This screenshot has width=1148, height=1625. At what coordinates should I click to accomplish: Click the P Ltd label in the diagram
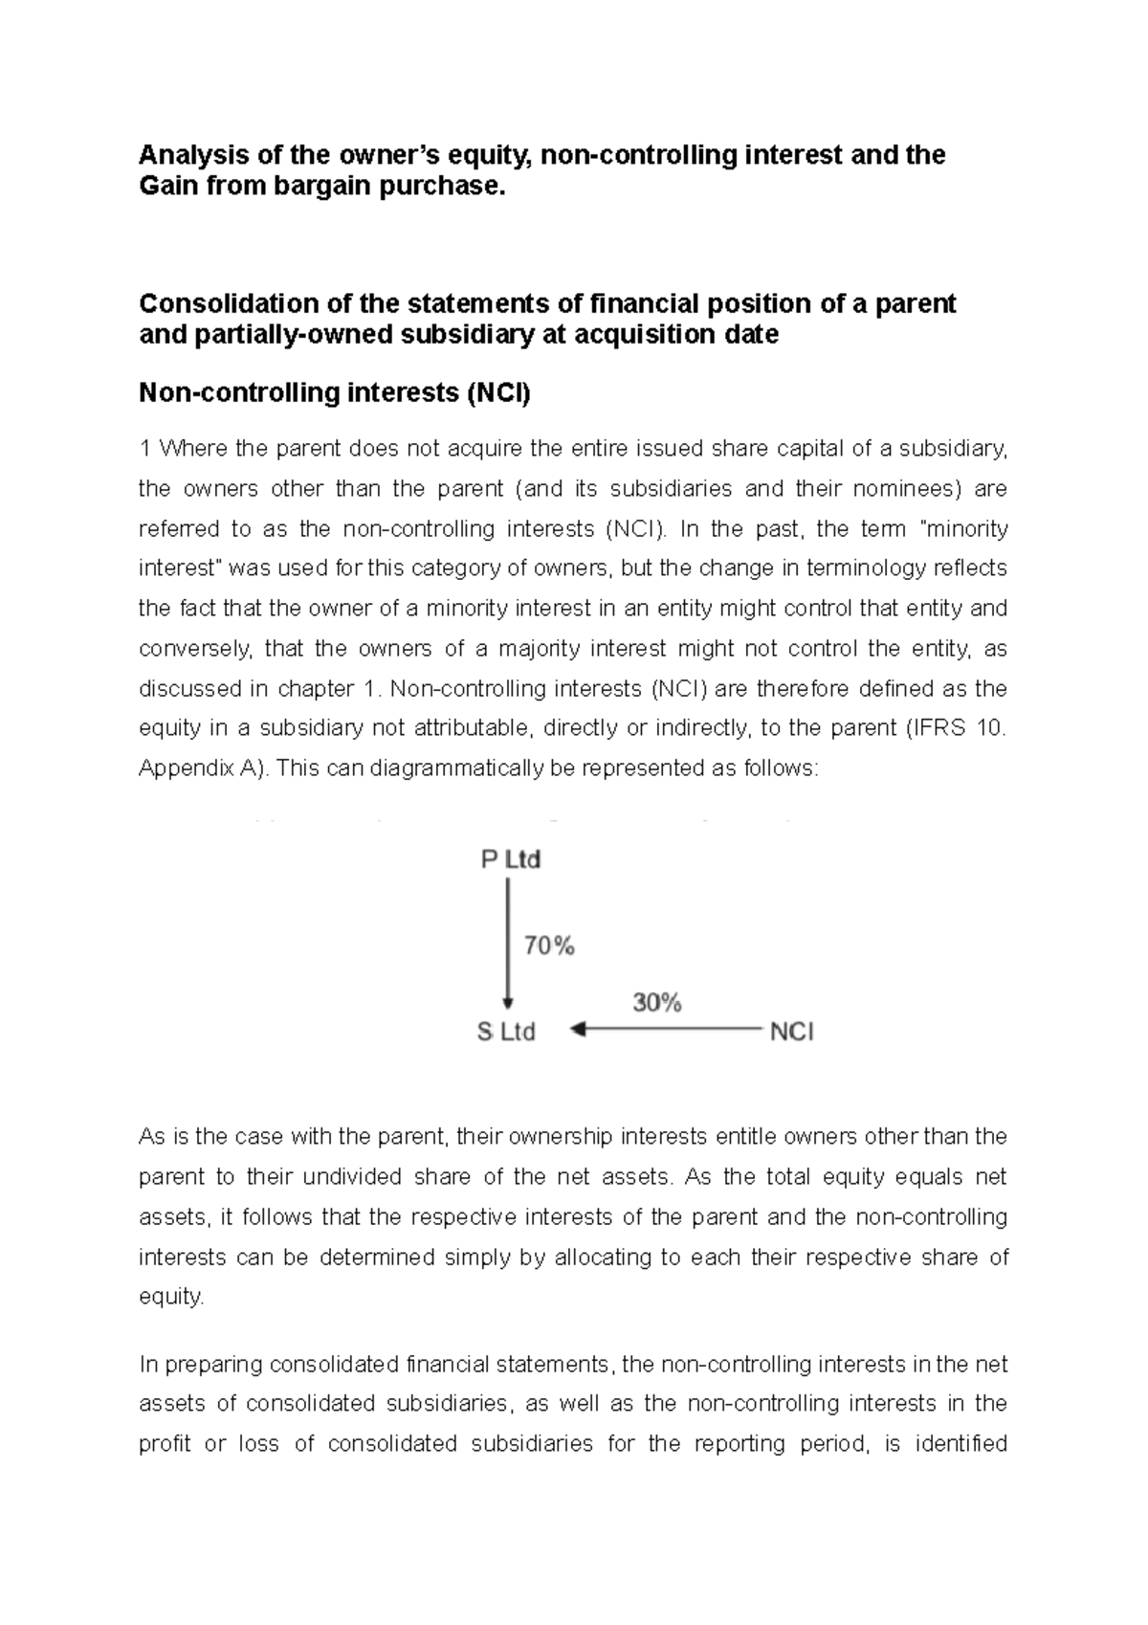click(x=510, y=859)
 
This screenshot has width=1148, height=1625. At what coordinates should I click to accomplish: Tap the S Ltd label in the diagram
click(x=506, y=1032)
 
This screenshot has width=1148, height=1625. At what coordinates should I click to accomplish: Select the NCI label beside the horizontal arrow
click(x=791, y=1032)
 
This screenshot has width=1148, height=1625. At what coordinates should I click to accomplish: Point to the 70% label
click(x=549, y=946)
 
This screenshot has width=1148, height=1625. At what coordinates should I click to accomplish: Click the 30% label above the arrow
click(x=656, y=1003)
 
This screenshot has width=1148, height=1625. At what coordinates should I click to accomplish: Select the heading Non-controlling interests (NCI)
click(x=334, y=392)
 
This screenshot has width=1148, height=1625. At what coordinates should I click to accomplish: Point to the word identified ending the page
click(x=960, y=1443)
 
